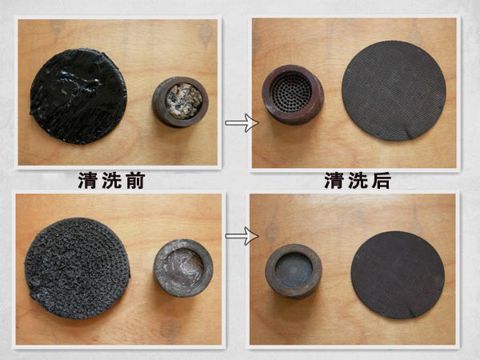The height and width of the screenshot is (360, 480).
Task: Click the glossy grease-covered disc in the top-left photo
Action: (x=78, y=96)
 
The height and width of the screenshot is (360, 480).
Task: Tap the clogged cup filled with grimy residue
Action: (x=180, y=102)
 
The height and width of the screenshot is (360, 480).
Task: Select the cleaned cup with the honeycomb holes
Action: (x=292, y=94)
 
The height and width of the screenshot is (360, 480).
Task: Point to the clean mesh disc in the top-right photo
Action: (x=394, y=90)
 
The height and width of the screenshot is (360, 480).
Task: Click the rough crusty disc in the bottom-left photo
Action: (x=78, y=268)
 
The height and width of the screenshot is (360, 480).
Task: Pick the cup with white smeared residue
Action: (x=183, y=268)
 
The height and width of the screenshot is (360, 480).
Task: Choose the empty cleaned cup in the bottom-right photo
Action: (x=294, y=270)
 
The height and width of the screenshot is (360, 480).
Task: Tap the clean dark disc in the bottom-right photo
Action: (x=398, y=274)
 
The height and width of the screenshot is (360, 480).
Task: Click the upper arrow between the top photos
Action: (x=242, y=122)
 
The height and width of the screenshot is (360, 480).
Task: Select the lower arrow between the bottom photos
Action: (x=242, y=236)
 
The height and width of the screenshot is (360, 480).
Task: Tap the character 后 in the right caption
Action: (x=382, y=180)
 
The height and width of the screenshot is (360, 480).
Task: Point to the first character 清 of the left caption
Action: (x=87, y=181)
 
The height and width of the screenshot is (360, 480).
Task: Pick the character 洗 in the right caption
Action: (x=358, y=180)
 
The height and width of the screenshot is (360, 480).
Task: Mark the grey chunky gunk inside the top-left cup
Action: (x=184, y=100)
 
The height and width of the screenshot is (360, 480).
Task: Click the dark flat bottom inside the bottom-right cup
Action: (x=294, y=268)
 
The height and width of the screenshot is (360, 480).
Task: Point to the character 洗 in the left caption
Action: (x=111, y=181)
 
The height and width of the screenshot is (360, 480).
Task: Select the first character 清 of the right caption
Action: (x=334, y=180)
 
